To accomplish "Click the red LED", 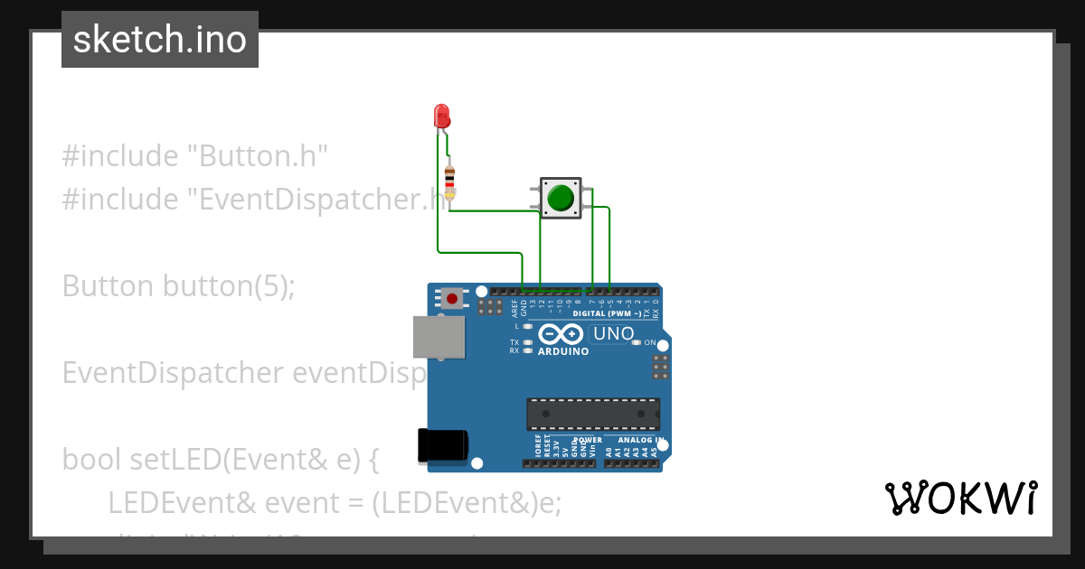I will tap(441, 116).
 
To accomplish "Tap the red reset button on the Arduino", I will tap(450, 297).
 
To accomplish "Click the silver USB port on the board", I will tap(439, 336).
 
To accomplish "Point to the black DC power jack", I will tap(442, 446).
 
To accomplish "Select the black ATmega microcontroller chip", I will tap(593, 414).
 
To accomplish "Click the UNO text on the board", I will tap(613, 334).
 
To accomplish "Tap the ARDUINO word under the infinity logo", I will tap(563, 352).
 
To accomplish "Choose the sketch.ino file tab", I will tap(160, 40).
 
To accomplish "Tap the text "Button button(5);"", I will tap(179, 285).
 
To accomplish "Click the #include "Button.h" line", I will tap(194, 155).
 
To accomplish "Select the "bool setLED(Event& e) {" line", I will tap(221, 459).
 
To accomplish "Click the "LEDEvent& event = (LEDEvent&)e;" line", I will tap(335, 502).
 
